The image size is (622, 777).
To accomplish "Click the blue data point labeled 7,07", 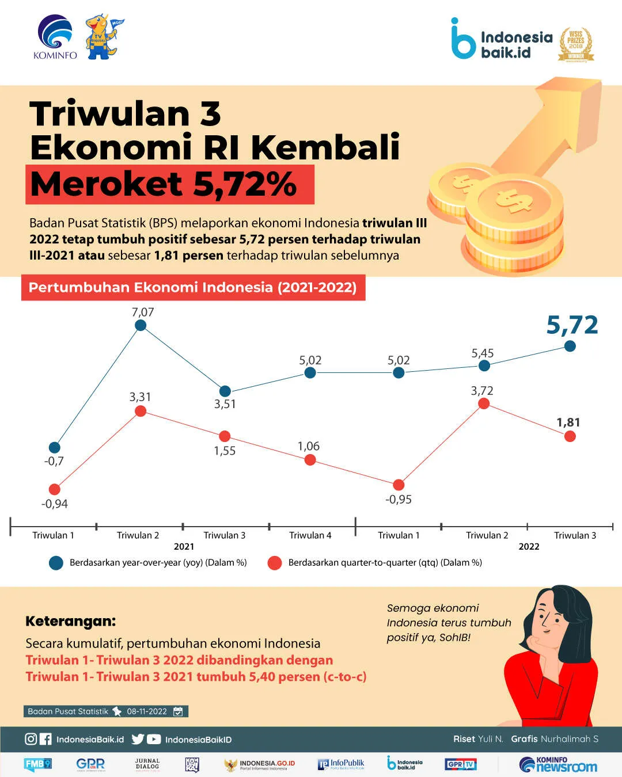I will tap(141, 326).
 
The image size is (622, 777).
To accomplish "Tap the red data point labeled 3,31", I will tap(141, 411).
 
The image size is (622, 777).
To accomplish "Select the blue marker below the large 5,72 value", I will tap(570, 346).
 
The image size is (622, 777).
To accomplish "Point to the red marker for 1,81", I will tap(570, 436).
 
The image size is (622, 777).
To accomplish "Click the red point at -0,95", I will tap(399, 485).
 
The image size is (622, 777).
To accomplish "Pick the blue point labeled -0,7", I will tap(55, 447).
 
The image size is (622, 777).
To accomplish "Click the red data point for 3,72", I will tap(484, 403).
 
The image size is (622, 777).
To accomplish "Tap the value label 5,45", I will tap(483, 353).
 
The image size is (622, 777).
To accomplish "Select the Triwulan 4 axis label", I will tap(310, 535).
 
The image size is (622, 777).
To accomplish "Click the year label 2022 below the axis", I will tap(529, 547).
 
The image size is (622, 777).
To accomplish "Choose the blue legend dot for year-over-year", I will tap(56, 563).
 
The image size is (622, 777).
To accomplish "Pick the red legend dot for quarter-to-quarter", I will tap(275, 563).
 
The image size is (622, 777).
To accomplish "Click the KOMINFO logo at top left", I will tap(55, 37).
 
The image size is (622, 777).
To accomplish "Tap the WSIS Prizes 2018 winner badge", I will tap(576, 44).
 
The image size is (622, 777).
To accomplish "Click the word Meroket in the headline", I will tap(107, 184).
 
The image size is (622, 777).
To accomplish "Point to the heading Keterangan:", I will tap(70, 621).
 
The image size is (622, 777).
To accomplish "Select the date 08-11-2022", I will tap(147, 711).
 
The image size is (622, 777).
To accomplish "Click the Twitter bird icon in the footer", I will tap(138, 739).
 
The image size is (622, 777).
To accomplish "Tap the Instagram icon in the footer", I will tap(31, 739).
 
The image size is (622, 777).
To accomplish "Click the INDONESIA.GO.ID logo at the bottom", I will tap(260, 764).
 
